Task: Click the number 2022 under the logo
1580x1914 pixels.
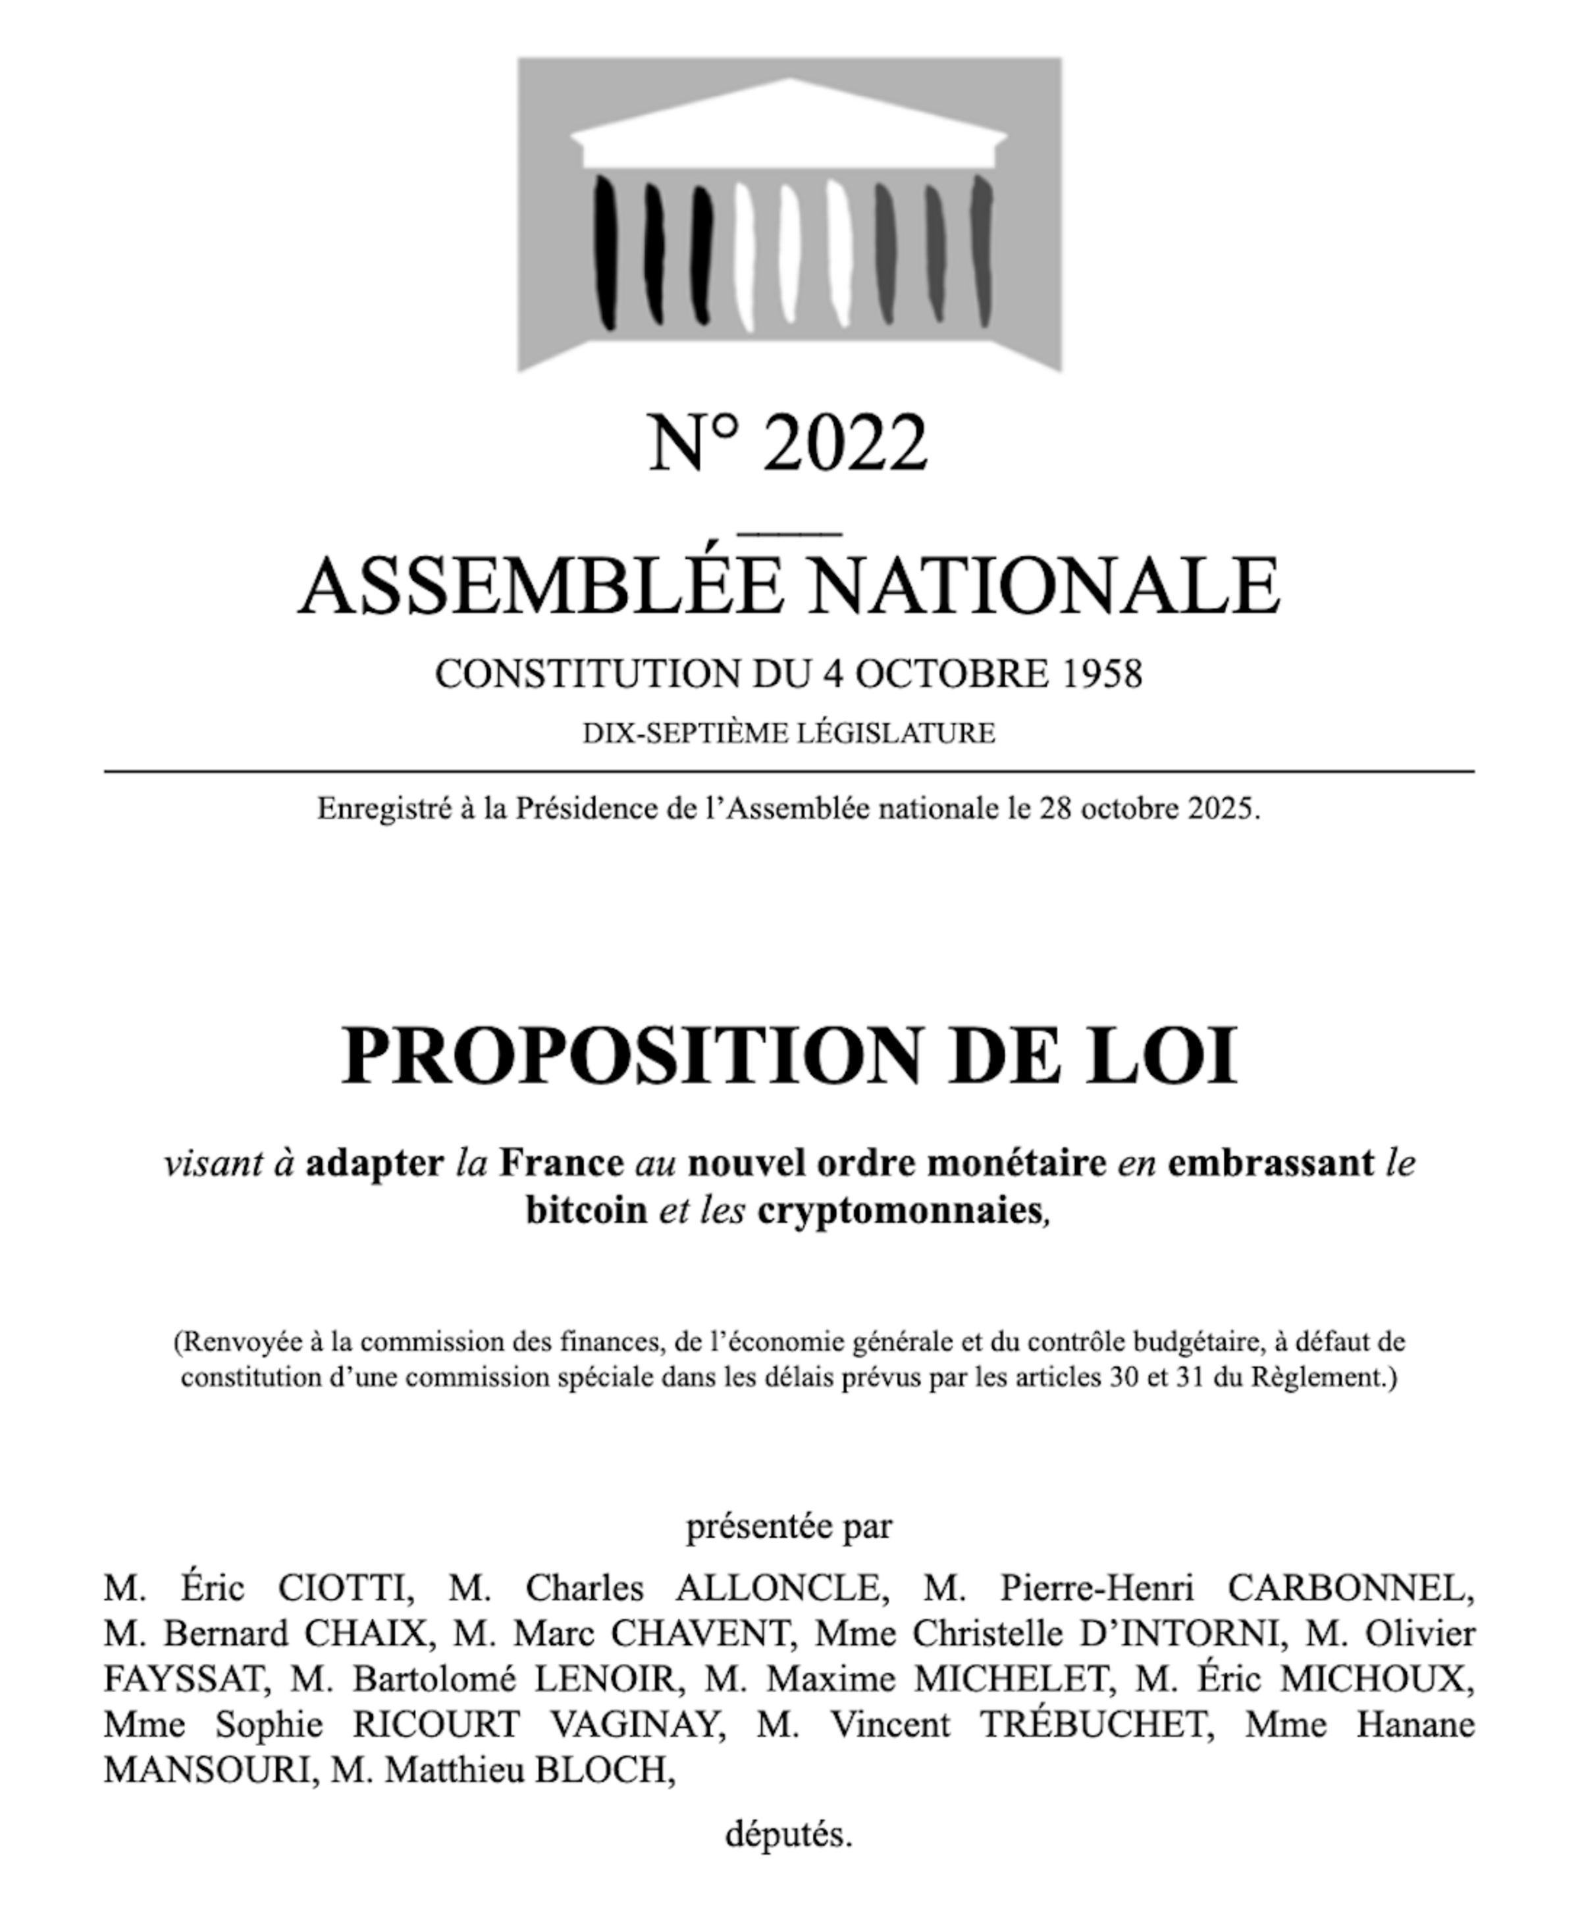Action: coord(845,443)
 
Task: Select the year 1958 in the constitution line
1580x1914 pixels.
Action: coord(1101,674)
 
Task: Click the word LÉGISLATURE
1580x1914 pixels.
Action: coord(895,733)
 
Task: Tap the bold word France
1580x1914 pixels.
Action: coord(562,1164)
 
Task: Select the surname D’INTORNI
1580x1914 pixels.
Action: coord(1180,1635)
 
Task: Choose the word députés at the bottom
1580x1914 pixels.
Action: coord(788,1835)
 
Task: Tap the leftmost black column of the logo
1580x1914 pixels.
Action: coord(605,253)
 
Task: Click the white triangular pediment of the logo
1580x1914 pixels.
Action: coord(789,118)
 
